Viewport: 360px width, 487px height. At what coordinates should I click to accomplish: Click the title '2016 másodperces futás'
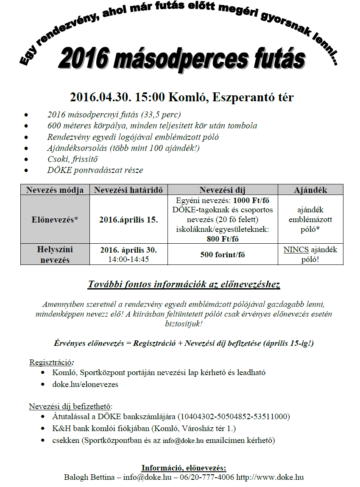pos(181,59)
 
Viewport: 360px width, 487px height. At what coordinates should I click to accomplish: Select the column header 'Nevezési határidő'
pos(128,190)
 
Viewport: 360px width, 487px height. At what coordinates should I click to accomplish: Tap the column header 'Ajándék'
pos(310,190)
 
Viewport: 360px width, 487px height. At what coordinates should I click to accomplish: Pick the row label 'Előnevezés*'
pos(55,220)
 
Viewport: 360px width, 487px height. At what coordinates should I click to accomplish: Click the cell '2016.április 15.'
pos(128,220)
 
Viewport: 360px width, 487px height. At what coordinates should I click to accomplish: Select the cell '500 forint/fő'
pos(223,255)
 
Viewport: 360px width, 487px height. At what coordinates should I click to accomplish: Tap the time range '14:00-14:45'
pos(128,259)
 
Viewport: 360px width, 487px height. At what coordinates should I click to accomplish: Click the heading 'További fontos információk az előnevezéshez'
pos(184,284)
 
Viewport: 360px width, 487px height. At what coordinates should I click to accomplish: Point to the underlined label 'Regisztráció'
pos(50,362)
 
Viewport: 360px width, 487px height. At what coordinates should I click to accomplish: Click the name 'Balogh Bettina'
pos(89,477)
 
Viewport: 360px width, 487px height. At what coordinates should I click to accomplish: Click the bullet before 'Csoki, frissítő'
pos(27,159)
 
